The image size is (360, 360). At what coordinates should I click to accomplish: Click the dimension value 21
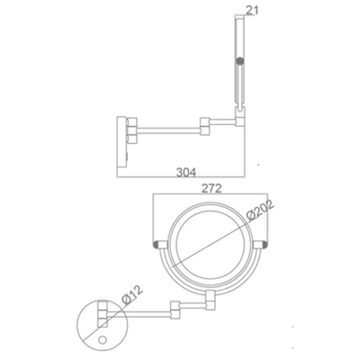click(x=252, y=10)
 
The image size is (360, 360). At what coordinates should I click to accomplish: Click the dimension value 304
click(x=186, y=173)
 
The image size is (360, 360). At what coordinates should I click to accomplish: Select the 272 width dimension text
click(x=211, y=188)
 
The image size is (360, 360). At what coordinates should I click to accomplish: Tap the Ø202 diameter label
click(x=260, y=211)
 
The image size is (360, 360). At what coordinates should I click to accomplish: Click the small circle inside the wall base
click(x=103, y=340)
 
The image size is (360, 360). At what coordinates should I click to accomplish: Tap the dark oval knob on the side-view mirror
click(x=239, y=62)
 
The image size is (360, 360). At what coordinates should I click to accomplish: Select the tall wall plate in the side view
click(x=122, y=142)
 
